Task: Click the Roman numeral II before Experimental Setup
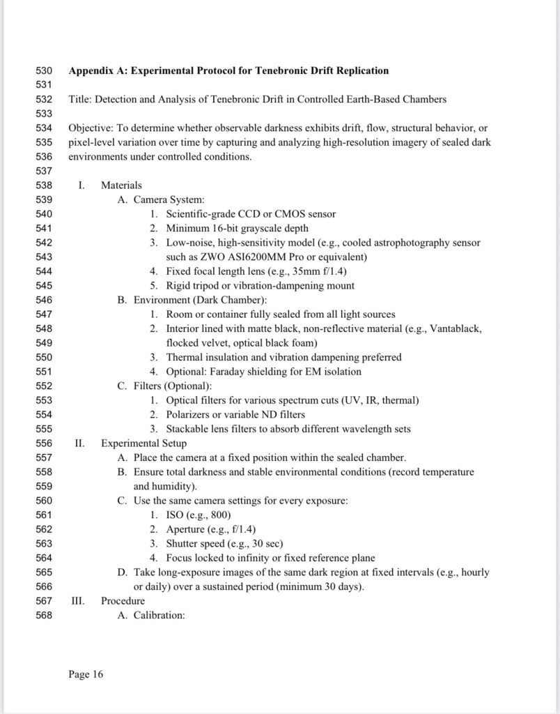(79, 443)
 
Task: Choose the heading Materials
(121, 185)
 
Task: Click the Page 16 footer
(86, 674)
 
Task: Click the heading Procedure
(123, 601)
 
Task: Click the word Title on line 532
(79, 99)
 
